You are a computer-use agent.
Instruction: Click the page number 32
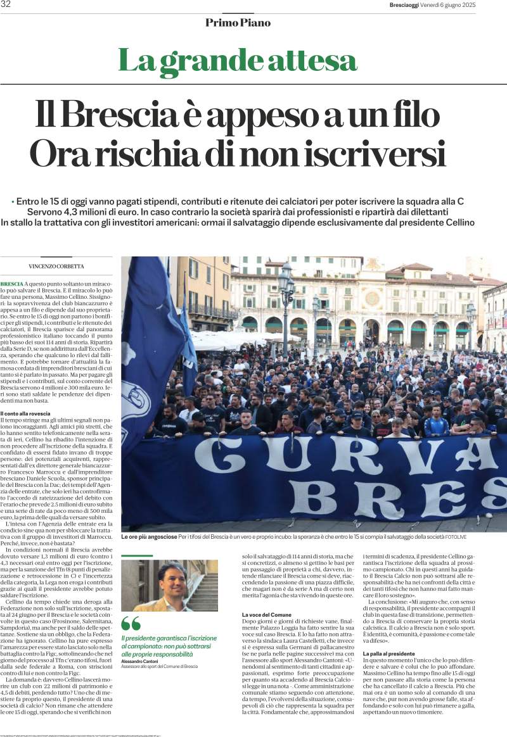[6, 5]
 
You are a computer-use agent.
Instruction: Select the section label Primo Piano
[238, 23]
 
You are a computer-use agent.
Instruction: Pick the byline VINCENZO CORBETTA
[56, 266]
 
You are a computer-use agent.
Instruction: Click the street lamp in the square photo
[286, 285]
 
